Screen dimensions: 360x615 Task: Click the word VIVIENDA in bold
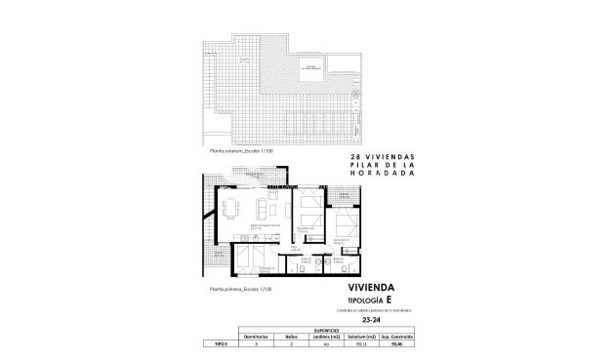[x=376, y=288]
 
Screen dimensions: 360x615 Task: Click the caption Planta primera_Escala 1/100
[x=239, y=290]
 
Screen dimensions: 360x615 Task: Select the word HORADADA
[x=389, y=176]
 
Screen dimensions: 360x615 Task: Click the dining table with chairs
[x=232, y=208]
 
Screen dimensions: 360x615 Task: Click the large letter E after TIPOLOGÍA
[x=390, y=300]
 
